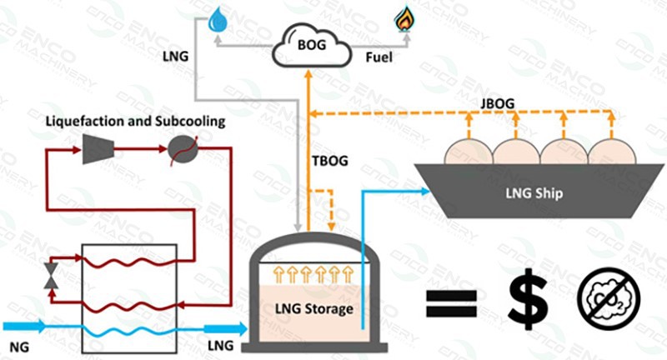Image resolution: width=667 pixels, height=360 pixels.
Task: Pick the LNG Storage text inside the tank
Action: [313, 309]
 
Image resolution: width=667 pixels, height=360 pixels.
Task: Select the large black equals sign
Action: [455, 302]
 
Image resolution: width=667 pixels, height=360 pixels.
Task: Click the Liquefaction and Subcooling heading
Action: [135, 122]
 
